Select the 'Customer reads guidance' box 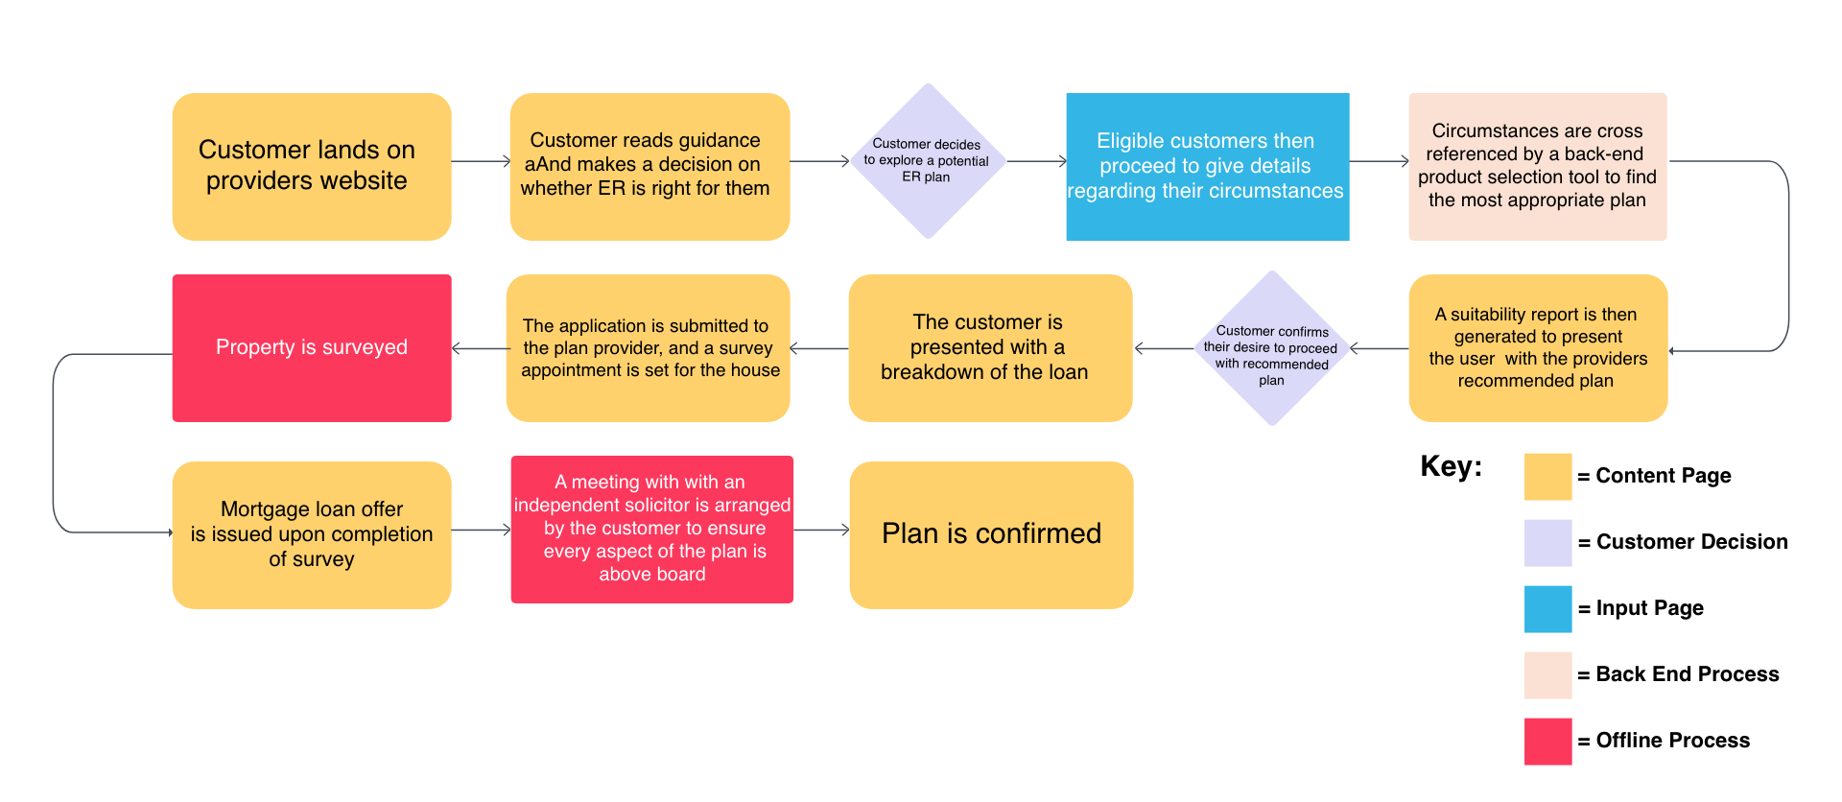[x=649, y=166]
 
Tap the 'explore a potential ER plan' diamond [x=927, y=161]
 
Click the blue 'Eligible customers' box [x=1207, y=166]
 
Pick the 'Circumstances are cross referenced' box [x=1537, y=166]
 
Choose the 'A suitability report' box [x=1537, y=347]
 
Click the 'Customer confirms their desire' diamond [x=1271, y=348]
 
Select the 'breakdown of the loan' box [x=989, y=347]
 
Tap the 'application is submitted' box [x=648, y=347]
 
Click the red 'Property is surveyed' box [x=311, y=347]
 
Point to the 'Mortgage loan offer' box [x=311, y=534]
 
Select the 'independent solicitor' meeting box [x=651, y=529]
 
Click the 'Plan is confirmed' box [x=991, y=534]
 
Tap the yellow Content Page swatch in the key [x=1547, y=477]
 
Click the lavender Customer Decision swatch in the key [x=1547, y=543]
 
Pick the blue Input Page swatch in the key [x=1547, y=609]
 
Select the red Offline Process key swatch [x=1547, y=742]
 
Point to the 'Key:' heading [x=1451, y=467]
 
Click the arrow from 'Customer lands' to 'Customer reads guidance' [x=480, y=161]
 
